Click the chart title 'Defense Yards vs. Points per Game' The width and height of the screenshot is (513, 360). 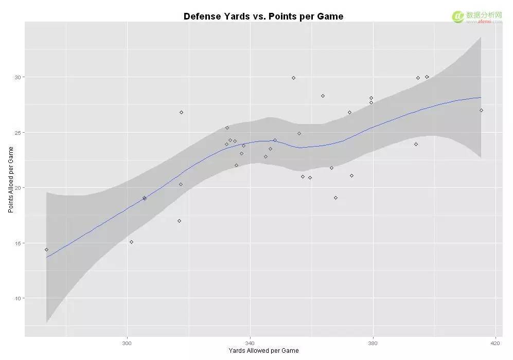pyautogui.click(x=263, y=16)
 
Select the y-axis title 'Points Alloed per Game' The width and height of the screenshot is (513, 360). pyautogui.click(x=10, y=179)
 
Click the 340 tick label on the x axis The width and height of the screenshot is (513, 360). pyautogui.click(x=250, y=343)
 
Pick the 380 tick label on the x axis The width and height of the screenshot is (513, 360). pyautogui.click(x=373, y=343)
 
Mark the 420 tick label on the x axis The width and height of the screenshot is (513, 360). pyautogui.click(x=495, y=343)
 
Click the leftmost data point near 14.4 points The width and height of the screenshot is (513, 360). pyautogui.click(x=46, y=249)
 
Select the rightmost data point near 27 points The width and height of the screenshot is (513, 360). pyautogui.click(x=481, y=110)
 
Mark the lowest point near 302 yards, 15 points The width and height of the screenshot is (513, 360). pyautogui.click(x=131, y=242)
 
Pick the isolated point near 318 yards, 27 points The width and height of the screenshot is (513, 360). pyautogui.click(x=181, y=112)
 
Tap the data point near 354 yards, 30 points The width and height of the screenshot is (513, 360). pyautogui.click(x=293, y=78)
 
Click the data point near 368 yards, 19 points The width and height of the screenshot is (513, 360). pyautogui.click(x=335, y=197)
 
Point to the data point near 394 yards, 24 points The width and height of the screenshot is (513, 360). pyautogui.click(x=416, y=144)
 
